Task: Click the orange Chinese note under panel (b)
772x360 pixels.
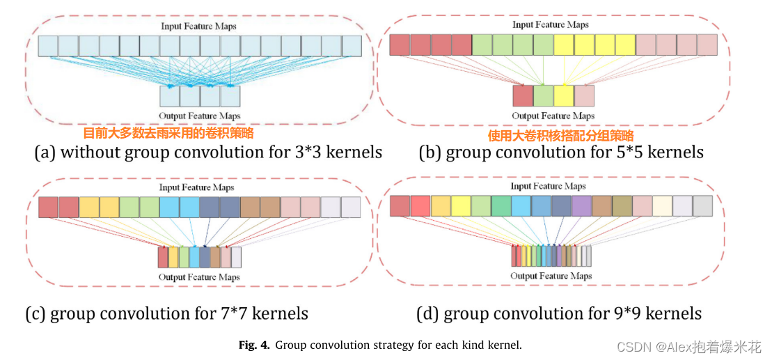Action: pos(560,136)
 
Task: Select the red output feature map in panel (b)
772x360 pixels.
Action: pos(522,95)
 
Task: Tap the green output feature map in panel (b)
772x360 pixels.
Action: pos(543,95)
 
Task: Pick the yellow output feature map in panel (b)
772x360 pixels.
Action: pos(564,95)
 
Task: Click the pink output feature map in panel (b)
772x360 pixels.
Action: pos(585,95)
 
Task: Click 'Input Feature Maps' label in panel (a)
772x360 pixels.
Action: pos(199,26)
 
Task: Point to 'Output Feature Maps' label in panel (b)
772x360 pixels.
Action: pos(553,116)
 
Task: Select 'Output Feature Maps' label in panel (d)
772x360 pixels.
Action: pos(551,276)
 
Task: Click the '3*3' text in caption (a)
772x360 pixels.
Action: pos(310,152)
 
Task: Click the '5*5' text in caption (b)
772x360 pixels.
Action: pos(632,152)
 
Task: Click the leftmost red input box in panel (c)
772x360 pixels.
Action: pos(48,208)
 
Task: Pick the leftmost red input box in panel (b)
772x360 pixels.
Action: pos(400,45)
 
